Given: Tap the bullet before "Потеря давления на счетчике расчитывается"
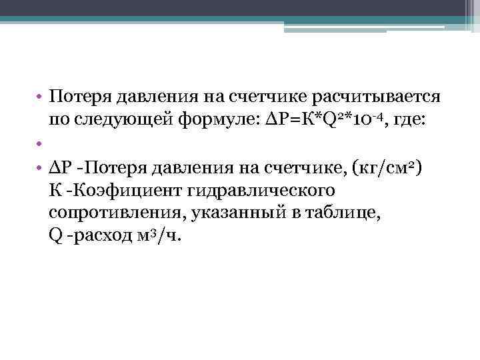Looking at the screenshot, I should click(x=39, y=98).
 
